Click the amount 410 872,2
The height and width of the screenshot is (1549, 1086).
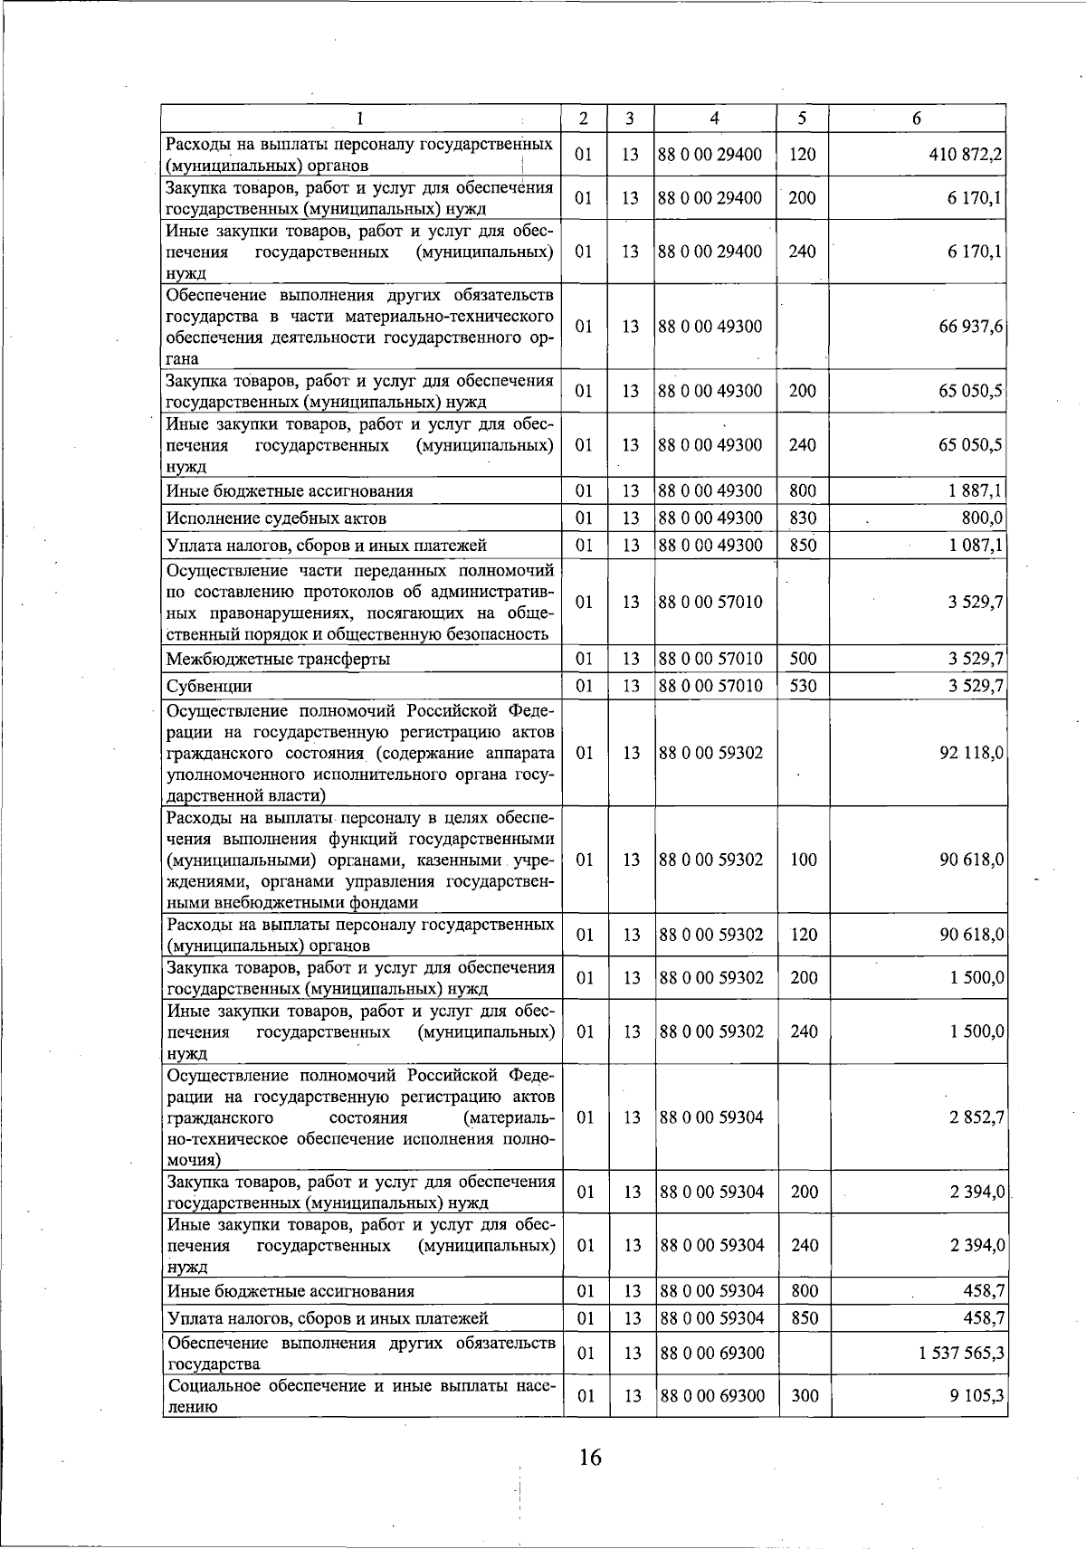965,155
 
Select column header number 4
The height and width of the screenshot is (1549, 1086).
714,119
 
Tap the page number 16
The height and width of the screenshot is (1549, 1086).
590,1457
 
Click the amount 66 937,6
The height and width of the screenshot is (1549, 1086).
971,327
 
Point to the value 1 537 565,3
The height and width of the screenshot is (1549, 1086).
960,1353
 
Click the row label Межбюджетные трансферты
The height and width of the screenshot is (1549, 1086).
278,659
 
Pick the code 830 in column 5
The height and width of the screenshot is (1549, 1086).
802,518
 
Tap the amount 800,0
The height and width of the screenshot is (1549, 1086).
982,518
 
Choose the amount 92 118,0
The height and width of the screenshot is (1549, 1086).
973,753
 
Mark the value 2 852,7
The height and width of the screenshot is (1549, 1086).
976,1117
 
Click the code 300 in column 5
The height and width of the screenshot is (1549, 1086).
805,1396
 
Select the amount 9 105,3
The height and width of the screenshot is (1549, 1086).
977,1396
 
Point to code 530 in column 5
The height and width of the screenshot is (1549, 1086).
803,686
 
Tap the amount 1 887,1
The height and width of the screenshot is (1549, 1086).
976,491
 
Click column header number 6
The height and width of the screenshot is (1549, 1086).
917,119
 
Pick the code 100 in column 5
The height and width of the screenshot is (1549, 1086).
804,860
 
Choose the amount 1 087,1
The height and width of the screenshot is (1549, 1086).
976,546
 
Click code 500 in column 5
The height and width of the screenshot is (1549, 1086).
803,659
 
